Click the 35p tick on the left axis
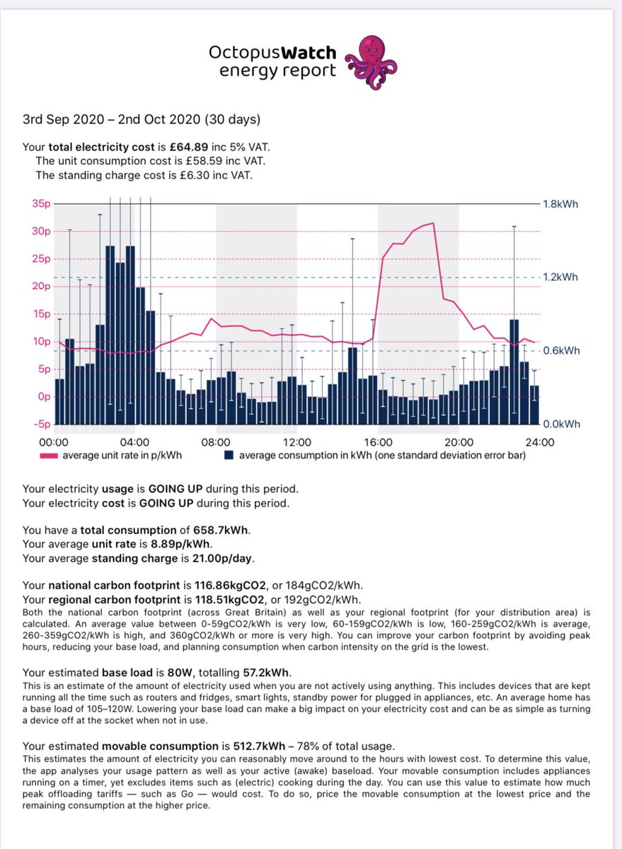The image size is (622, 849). tap(42, 203)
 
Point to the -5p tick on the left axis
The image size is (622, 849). tap(41, 424)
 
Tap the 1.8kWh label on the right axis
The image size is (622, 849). tap(560, 203)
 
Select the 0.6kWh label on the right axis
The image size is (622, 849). tap(560, 351)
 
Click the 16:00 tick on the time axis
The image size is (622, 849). tap(379, 441)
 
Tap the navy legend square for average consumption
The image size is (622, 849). tap(229, 455)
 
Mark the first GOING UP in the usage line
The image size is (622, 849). tap(175, 489)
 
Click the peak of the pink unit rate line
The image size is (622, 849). tap(432, 224)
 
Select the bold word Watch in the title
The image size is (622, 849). tap(310, 52)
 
